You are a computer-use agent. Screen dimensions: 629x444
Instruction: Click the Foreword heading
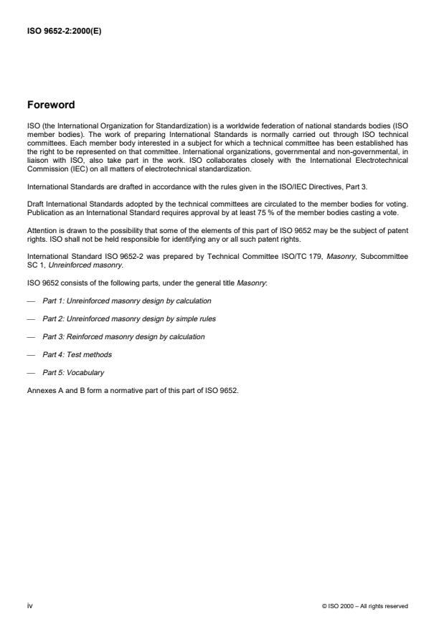[x=50, y=105]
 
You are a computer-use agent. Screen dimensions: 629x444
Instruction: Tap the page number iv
[x=29, y=605]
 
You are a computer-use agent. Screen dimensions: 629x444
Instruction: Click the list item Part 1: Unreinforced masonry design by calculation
[x=126, y=300]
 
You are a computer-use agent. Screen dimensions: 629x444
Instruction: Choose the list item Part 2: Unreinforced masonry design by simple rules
[x=128, y=318]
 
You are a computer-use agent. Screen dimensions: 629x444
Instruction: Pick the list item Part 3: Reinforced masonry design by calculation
[x=123, y=336]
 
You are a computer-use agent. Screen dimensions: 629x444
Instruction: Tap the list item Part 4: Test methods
[x=77, y=354]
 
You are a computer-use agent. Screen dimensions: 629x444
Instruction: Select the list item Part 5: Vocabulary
[x=73, y=373]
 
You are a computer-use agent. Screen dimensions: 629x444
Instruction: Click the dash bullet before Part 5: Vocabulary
[x=31, y=373]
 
